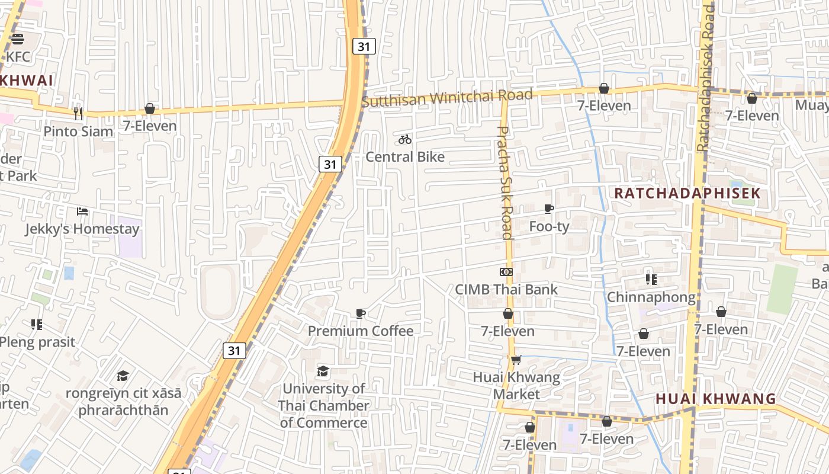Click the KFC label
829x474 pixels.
point(18,57)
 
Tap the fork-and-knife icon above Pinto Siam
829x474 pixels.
point(78,113)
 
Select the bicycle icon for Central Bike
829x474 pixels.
point(405,139)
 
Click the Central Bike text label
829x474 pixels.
point(405,157)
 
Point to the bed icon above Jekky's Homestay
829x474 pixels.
point(82,212)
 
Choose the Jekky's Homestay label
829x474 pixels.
point(82,229)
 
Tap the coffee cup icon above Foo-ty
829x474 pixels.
point(549,209)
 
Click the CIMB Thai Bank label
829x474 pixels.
point(506,290)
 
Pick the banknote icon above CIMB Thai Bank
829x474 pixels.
point(506,272)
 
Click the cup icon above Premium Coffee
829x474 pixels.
point(361,313)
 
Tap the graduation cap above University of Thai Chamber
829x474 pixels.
point(323,371)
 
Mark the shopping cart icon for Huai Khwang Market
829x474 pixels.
point(516,360)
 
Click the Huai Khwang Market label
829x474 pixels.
point(516,386)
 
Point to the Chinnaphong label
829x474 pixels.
point(651,297)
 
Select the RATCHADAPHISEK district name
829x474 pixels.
point(687,193)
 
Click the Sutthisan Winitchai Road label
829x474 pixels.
point(447,98)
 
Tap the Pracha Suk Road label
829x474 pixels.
point(505,182)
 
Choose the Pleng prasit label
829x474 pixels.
point(37,342)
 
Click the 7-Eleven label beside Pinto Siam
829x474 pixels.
point(150,126)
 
